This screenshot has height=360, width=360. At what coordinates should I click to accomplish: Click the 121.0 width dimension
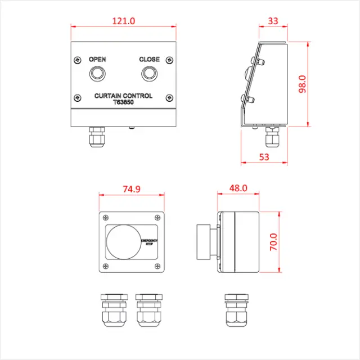pos(124,21)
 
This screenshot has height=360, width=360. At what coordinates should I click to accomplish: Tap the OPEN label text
pos(97,60)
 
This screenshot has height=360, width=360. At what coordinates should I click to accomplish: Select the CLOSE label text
pos(150,60)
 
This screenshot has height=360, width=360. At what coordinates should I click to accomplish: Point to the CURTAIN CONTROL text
pos(123,96)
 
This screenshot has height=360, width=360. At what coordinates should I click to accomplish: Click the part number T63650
pos(123,103)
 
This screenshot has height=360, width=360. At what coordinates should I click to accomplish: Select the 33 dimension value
pos(273,21)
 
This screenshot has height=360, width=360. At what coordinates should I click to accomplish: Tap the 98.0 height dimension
pos(318,84)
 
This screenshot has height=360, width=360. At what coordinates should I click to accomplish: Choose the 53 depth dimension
pos(264,157)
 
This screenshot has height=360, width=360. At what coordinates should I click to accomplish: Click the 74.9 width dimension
pos(132,190)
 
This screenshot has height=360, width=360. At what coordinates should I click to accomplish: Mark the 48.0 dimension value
pos(237,189)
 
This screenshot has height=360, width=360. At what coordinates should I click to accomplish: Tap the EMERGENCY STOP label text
pos(149,242)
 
